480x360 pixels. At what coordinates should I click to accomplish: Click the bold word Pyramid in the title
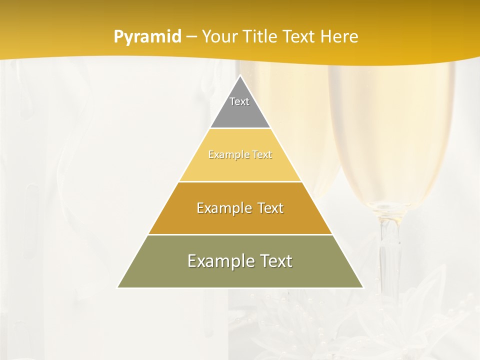(x=147, y=37)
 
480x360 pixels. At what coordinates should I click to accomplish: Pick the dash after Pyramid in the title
(x=191, y=37)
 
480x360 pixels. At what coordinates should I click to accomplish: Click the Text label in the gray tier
(x=239, y=101)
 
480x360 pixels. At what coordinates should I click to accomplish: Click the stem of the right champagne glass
(x=388, y=250)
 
